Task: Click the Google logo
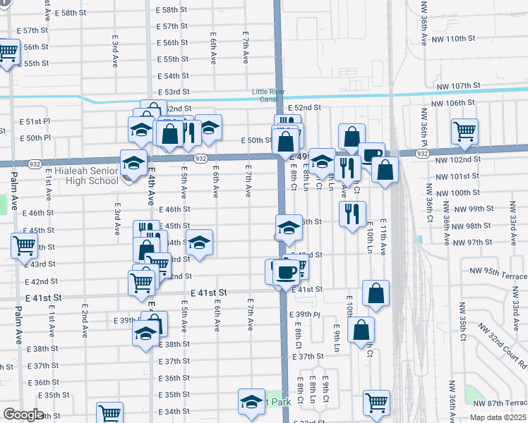coord(23,415)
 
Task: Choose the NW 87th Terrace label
coord(498,403)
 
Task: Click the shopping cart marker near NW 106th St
coord(464,130)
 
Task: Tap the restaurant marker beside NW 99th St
coord(352,212)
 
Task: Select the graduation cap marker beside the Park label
coord(251,401)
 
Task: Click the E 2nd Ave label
coord(85,319)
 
